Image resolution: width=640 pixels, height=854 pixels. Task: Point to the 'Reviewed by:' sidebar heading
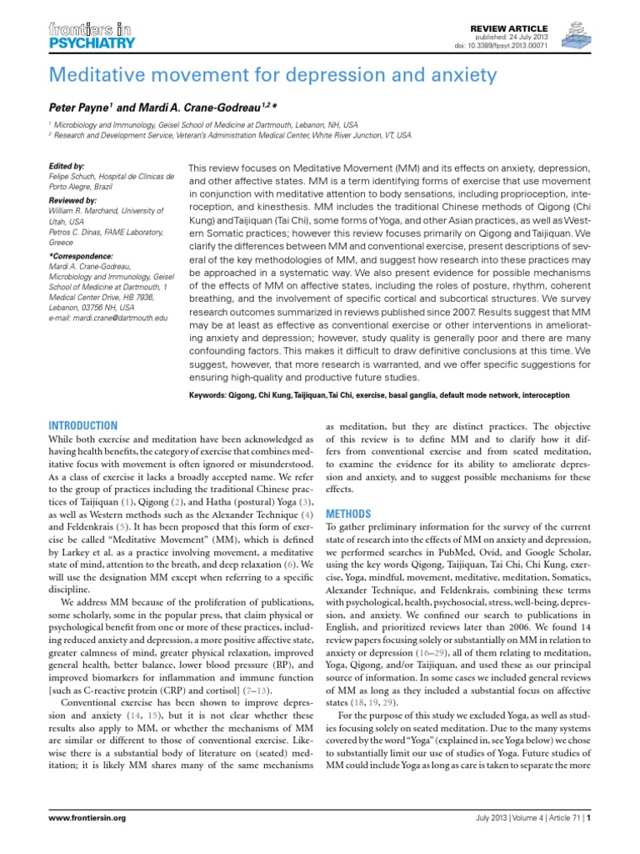(72, 201)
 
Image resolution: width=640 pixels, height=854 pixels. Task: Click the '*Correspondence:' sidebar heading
(80, 255)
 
